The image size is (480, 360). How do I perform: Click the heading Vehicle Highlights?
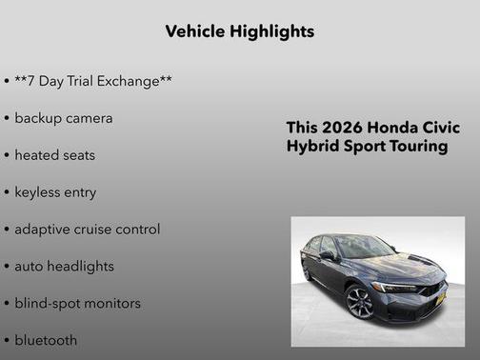(x=240, y=31)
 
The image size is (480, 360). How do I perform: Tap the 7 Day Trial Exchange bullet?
(x=92, y=81)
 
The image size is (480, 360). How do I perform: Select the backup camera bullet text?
(x=63, y=118)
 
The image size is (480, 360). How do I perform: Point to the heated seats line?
(x=54, y=155)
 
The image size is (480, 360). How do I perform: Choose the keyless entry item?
(x=55, y=192)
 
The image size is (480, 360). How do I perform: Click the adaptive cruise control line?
(x=87, y=230)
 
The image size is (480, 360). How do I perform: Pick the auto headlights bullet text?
(x=64, y=266)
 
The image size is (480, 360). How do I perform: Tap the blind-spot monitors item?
(x=77, y=303)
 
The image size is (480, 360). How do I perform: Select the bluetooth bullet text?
(x=46, y=340)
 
